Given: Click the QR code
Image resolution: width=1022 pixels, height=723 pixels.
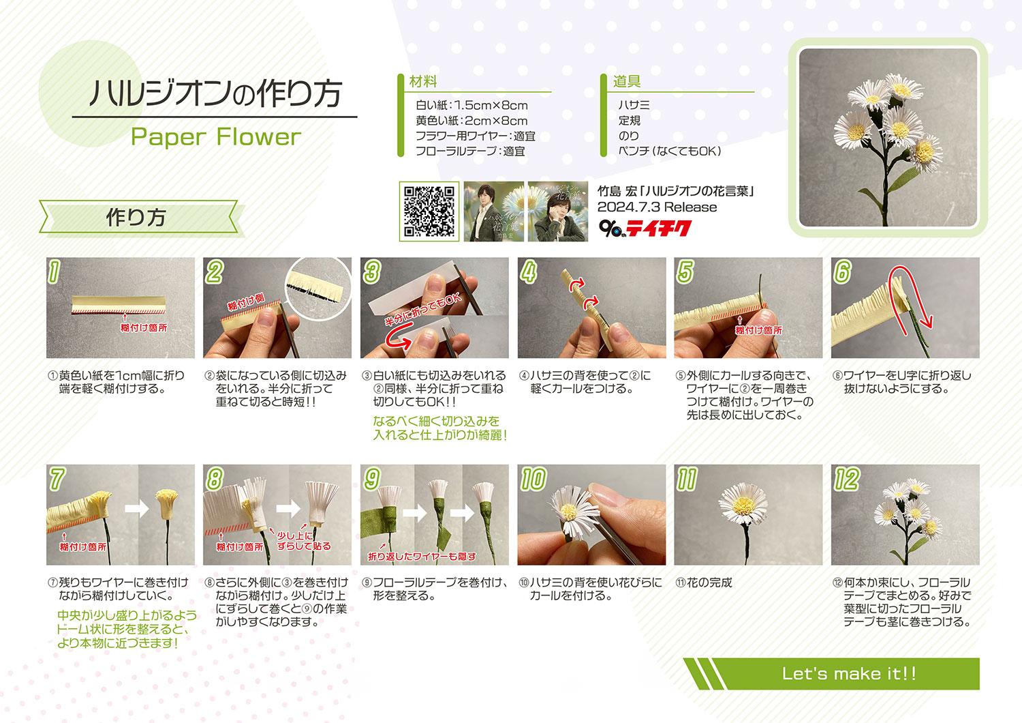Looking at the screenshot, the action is [x=429, y=211].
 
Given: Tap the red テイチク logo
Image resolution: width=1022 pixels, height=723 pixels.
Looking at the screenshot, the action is [x=658, y=228].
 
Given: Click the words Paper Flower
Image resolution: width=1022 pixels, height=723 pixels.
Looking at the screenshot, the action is [x=216, y=138].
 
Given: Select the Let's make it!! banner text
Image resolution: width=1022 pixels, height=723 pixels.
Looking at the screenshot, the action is [x=849, y=674].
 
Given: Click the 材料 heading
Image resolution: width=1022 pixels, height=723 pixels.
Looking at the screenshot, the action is [x=423, y=81].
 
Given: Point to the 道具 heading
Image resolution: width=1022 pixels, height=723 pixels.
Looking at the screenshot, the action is [x=626, y=81].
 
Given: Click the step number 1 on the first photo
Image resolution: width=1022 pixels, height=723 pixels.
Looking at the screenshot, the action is [x=54, y=271].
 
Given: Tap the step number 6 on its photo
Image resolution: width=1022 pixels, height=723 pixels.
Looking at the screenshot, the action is [x=842, y=271].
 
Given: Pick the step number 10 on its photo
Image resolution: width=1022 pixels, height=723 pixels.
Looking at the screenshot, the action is [x=533, y=479].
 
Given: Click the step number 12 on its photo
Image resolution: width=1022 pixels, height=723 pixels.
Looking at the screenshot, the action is [x=847, y=479].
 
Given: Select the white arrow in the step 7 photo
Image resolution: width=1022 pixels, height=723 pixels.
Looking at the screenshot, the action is [x=136, y=508].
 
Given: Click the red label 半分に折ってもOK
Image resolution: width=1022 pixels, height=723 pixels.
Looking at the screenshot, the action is [x=423, y=310].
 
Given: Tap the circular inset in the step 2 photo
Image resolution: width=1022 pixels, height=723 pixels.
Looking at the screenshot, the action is [x=318, y=289].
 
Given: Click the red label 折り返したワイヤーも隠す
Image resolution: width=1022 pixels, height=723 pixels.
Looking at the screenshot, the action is [x=422, y=557].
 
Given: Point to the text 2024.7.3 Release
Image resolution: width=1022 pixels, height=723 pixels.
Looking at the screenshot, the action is [x=657, y=207].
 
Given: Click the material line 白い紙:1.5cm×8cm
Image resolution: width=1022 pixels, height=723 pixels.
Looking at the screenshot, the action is [x=471, y=106].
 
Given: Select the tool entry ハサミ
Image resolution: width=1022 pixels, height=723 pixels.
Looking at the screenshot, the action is [x=634, y=105].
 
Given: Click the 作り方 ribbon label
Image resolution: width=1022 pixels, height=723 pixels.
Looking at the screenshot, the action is [x=136, y=217].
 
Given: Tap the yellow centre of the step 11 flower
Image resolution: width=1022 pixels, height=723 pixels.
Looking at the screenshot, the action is [x=744, y=505].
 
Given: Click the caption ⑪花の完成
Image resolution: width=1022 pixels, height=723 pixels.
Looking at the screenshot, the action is [x=704, y=582].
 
